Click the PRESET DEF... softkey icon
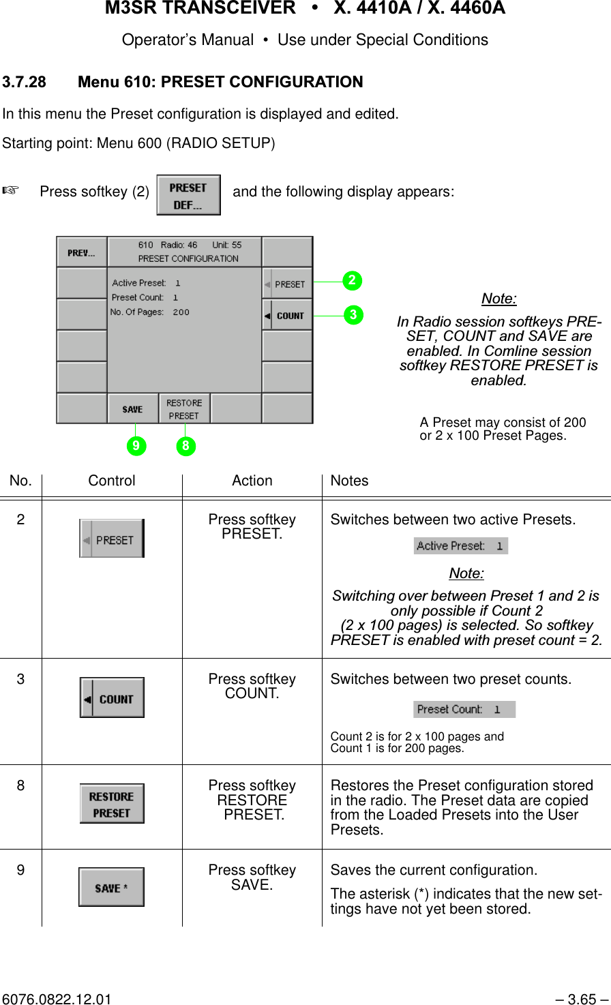click(x=188, y=195)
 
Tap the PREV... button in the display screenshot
click(x=81, y=253)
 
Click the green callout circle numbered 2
click(x=353, y=280)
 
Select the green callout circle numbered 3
click(x=353, y=315)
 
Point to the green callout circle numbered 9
click(x=136, y=446)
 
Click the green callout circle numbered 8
click(x=185, y=446)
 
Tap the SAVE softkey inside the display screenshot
click(x=132, y=409)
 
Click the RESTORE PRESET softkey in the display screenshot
click(x=184, y=408)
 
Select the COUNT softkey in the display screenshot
click(x=287, y=316)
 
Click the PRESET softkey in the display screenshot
click(x=287, y=284)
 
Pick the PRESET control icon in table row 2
click(x=112, y=539)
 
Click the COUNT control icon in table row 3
click(x=112, y=697)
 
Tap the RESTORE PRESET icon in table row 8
click(x=112, y=805)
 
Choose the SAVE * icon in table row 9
click(x=111, y=887)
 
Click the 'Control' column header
click(x=112, y=481)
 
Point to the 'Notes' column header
click(x=349, y=481)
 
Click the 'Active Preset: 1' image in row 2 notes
click(x=460, y=545)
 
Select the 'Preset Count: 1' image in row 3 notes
click(x=464, y=709)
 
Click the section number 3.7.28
click(x=25, y=82)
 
